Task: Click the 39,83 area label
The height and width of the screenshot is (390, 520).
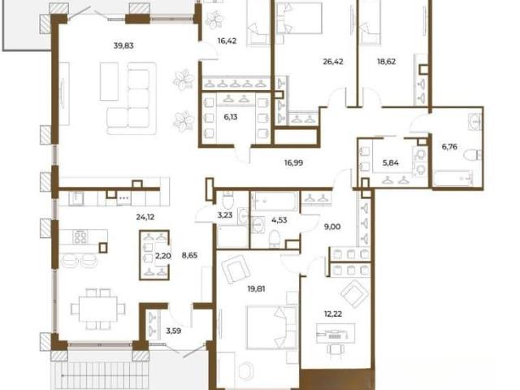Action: click(123, 45)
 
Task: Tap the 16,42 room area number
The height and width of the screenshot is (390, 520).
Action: click(227, 41)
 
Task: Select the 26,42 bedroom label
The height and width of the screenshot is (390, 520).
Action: click(333, 62)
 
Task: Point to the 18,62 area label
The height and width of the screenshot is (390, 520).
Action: click(387, 62)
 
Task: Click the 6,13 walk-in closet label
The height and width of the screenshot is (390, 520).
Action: click(231, 117)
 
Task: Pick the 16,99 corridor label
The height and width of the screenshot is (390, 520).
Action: click(293, 162)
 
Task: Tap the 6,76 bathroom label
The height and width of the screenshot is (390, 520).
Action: click(449, 146)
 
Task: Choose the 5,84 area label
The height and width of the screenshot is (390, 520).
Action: click(390, 162)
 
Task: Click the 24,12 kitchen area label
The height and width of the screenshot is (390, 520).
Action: click(145, 217)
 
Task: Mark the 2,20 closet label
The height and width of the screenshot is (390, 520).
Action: click(162, 255)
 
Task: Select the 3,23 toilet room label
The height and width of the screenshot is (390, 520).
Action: click(225, 215)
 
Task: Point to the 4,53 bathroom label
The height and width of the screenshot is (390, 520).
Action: click(279, 220)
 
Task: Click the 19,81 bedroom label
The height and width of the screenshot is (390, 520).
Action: click(257, 289)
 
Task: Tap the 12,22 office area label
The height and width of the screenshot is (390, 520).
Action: click(333, 314)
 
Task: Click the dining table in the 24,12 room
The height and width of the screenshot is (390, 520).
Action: click(98, 309)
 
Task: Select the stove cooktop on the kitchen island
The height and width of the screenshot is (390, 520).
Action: click(80, 236)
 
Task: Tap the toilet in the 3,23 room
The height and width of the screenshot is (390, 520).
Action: click(228, 200)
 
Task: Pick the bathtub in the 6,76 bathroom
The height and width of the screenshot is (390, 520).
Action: click(453, 179)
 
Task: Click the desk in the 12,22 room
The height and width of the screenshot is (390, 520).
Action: click(336, 333)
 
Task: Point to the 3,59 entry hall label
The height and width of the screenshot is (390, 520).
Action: click(173, 331)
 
